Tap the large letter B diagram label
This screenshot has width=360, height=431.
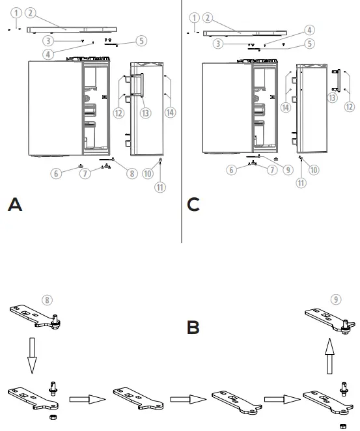[x=193, y=327]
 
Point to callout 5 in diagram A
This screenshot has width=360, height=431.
[x=141, y=41]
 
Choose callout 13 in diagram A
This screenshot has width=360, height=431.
[x=145, y=113]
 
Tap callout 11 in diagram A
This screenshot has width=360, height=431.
[x=160, y=187]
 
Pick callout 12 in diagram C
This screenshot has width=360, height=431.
[x=349, y=106]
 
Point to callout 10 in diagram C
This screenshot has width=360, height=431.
[x=314, y=170]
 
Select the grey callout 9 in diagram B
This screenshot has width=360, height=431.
[x=335, y=299]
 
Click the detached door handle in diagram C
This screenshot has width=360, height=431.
[x=335, y=80]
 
